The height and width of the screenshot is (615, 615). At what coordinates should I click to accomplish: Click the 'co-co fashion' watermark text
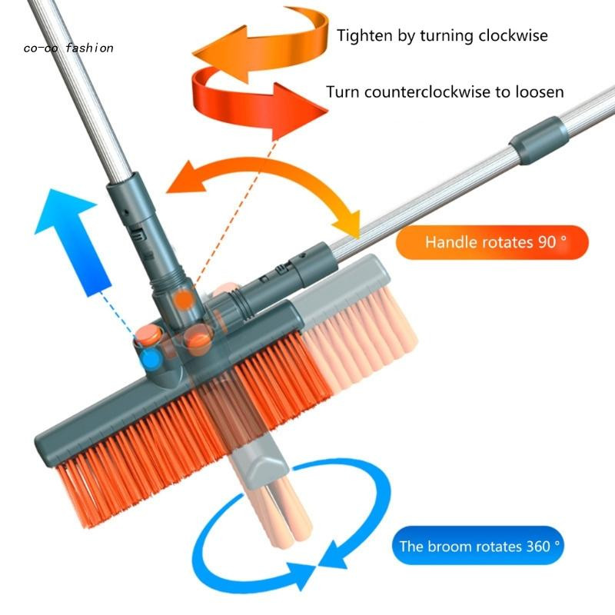click(68, 48)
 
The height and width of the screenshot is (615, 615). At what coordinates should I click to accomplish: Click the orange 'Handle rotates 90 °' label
click(492, 242)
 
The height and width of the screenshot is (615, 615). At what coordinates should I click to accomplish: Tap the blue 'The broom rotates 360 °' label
click(477, 546)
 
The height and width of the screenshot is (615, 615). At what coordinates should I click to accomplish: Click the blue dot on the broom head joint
click(151, 358)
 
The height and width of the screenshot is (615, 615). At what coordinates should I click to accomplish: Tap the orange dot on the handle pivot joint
click(184, 300)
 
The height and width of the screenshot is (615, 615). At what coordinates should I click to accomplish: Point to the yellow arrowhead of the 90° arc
click(347, 224)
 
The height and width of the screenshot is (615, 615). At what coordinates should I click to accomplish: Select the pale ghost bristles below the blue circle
click(274, 510)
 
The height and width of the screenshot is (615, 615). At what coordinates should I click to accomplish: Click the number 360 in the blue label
click(538, 546)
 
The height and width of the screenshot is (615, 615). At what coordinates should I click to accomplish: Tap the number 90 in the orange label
click(547, 242)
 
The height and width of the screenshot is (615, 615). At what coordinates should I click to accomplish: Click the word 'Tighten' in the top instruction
click(365, 35)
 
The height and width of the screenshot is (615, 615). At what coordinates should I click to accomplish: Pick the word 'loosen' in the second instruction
click(540, 92)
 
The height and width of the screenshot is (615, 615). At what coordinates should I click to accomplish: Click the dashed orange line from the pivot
click(234, 212)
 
